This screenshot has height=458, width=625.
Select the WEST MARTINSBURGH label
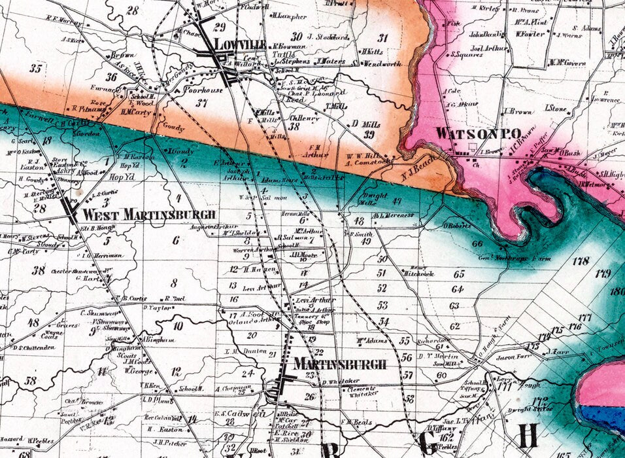[148, 215]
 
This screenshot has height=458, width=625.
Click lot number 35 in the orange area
[35, 68]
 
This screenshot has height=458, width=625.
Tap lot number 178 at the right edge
[581, 262]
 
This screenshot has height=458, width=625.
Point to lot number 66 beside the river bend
[477, 243]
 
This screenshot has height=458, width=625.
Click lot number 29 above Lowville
[219, 27]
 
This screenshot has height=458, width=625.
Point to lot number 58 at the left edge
[30, 380]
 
